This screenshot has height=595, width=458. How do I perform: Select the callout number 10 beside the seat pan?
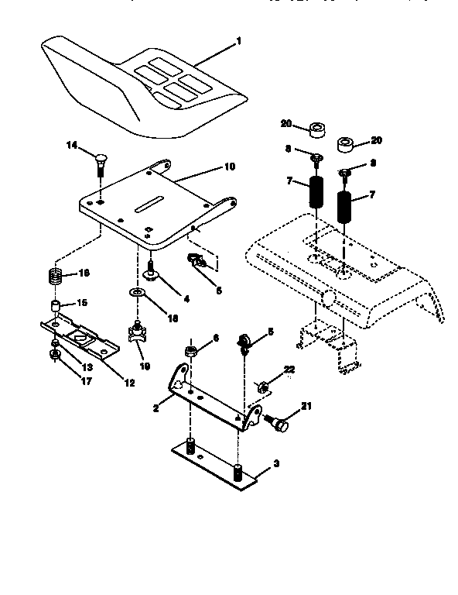(229, 166)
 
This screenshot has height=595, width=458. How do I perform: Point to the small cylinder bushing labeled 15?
(56, 303)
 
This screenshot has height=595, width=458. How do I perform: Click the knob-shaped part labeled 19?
(138, 334)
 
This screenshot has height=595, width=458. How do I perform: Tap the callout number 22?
(289, 369)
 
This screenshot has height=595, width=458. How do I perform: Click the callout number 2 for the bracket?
(156, 407)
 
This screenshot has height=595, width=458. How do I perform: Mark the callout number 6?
(216, 338)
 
